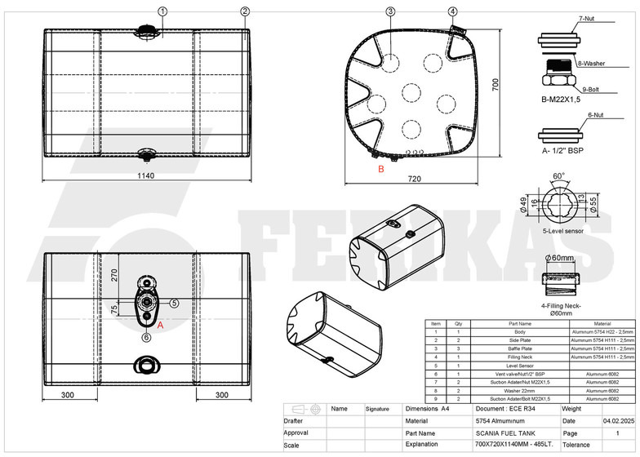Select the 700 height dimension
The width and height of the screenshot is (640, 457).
494,86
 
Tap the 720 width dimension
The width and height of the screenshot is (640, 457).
414,178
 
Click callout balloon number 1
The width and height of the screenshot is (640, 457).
162,11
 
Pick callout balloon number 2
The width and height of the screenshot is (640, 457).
245,11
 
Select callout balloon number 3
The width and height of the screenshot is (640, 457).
391,11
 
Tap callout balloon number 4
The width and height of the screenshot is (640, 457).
453,11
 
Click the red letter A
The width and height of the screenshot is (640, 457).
160,324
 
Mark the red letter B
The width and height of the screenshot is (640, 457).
380,170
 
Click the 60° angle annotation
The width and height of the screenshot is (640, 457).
558,176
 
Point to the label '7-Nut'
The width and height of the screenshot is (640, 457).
586,17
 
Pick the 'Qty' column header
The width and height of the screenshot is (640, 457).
458,324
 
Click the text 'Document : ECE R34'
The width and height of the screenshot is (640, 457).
504,407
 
